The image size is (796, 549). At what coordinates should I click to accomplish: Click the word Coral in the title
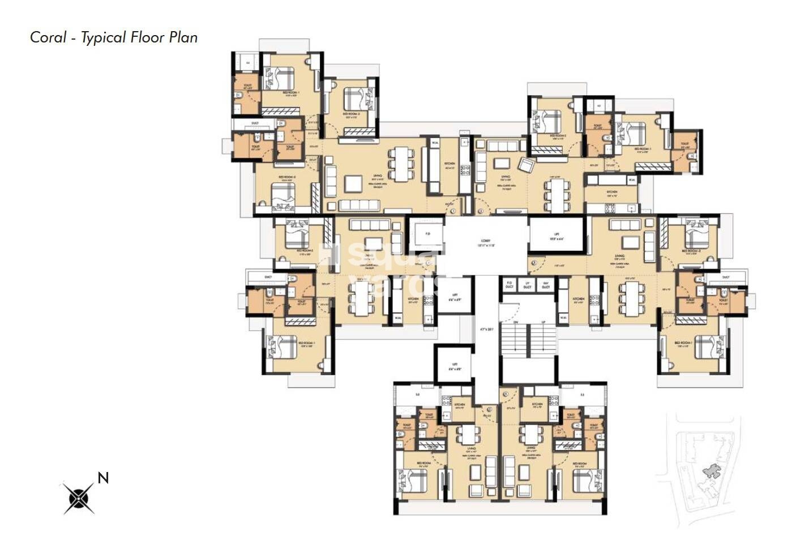coord(47,37)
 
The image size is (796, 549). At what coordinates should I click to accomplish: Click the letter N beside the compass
coord(102,478)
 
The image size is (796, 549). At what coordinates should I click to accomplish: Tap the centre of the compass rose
coord(78,498)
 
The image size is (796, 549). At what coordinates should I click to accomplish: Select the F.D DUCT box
coord(509,285)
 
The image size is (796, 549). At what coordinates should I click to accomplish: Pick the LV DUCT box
coord(527,285)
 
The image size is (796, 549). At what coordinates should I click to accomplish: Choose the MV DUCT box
coord(546,285)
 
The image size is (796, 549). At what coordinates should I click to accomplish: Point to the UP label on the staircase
coord(544,322)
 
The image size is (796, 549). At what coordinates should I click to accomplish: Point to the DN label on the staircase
coord(516,322)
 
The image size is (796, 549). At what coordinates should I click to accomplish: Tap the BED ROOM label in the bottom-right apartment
coord(579,464)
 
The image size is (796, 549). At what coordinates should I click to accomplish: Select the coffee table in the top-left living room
coord(354,183)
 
